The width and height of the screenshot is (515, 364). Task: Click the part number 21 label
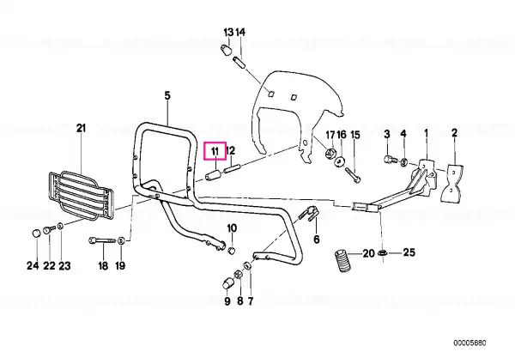pyautogui.click(x=82, y=128)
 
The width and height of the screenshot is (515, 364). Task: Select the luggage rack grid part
pyautogui.click(x=81, y=196)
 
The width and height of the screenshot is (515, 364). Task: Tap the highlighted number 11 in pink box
pyautogui.click(x=215, y=151)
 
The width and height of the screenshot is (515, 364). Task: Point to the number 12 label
pyautogui.click(x=231, y=151)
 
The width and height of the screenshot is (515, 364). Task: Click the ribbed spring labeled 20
pyautogui.click(x=342, y=262)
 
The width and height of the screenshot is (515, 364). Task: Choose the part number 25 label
pyautogui.click(x=409, y=252)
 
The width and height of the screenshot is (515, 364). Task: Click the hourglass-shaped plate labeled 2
pyautogui.click(x=452, y=183)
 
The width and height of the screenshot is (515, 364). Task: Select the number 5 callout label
pyautogui.click(x=167, y=96)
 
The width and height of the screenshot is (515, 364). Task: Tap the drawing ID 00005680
pyautogui.click(x=470, y=343)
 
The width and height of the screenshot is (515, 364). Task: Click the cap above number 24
pyautogui.click(x=36, y=234)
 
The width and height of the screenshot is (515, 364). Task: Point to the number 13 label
pyautogui.click(x=228, y=33)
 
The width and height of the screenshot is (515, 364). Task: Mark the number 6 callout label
pyautogui.click(x=316, y=240)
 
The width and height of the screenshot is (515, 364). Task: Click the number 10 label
pyautogui.click(x=232, y=228)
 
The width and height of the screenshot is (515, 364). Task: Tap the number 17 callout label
pyautogui.click(x=330, y=135)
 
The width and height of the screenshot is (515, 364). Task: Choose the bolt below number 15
pyautogui.click(x=354, y=175)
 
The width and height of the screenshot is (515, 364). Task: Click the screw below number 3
pyautogui.click(x=389, y=160)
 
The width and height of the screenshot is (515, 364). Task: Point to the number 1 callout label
pyautogui.click(x=427, y=133)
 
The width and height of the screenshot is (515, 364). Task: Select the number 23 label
pyautogui.click(x=64, y=265)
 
